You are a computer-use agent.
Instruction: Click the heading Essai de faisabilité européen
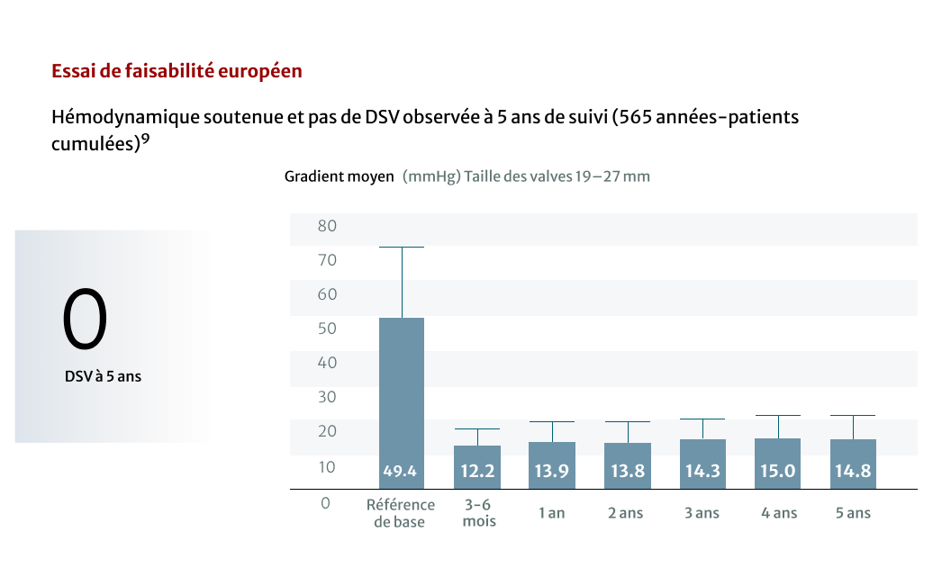pyautogui.click(x=177, y=71)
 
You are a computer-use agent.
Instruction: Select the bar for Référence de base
pyautogui.click(x=402, y=396)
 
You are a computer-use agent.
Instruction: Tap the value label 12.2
pyautogui.click(x=477, y=471)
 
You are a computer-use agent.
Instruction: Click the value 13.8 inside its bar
pyautogui.click(x=627, y=471)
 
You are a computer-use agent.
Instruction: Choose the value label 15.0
pyautogui.click(x=778, y=471)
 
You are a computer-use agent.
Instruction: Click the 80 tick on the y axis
pyautogui.click(x=327, y=226)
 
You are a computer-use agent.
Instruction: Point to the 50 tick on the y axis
pyautogui.click(x=327, y=329)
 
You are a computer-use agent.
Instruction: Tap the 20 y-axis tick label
pyautogui.click(x=327, y=431)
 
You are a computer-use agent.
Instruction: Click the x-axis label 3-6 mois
pyautogui.click(x=479, y=513)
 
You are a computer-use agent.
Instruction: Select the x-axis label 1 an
pyautogui.click(x=552, y=513)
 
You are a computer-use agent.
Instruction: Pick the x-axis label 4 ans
pyautogui.click(x=779, y=513)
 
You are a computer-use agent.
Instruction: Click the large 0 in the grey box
pyautogui.click(x=85, y=320)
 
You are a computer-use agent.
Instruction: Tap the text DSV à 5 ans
pyautogui.click(x=103, y=377)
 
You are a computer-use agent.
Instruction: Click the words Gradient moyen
pyautogui.click(x=340, y=176)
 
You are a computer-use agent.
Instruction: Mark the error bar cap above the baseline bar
pyautogui.click(x=402, y=247)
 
